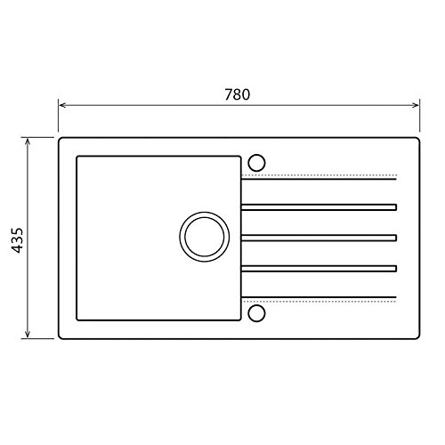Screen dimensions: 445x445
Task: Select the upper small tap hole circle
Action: [256, 163]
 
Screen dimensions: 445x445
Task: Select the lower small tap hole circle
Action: [256, 312]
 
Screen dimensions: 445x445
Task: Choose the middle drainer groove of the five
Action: [319, 238]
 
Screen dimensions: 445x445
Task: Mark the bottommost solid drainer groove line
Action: [319, 297]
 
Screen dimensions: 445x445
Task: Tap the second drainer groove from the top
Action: [319, 208]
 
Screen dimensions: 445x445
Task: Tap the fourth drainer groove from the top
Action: [319, 267]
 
